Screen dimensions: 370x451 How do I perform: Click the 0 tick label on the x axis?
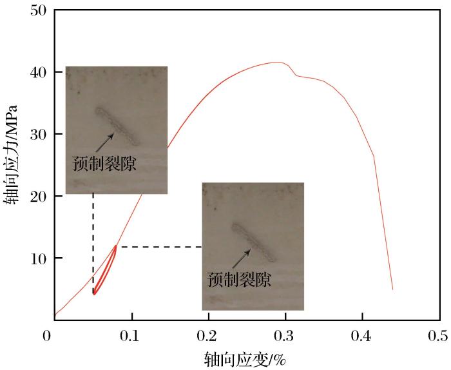pos(46,335)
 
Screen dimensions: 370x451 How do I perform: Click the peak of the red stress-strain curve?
pos(278,63)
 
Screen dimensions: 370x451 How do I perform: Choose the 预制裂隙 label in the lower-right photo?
pos(239,280)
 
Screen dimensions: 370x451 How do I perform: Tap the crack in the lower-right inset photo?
pos(253,242)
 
